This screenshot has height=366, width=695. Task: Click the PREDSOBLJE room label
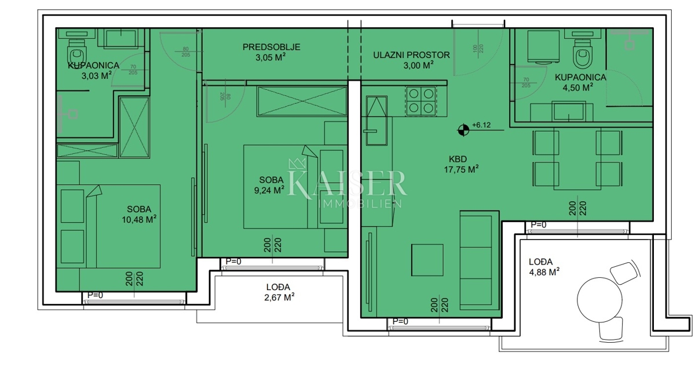coord(271,48)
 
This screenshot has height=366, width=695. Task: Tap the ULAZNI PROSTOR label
coord(411,55)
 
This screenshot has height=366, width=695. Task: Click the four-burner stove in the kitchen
coord(421,100)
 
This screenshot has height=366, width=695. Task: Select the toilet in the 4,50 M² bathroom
coord(581,56)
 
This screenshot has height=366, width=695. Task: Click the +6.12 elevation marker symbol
coord(463,130)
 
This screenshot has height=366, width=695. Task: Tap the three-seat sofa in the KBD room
coord(478,259)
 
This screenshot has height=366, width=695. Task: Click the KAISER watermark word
coord(347,183)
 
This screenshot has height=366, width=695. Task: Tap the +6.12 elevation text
coord(482,125)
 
